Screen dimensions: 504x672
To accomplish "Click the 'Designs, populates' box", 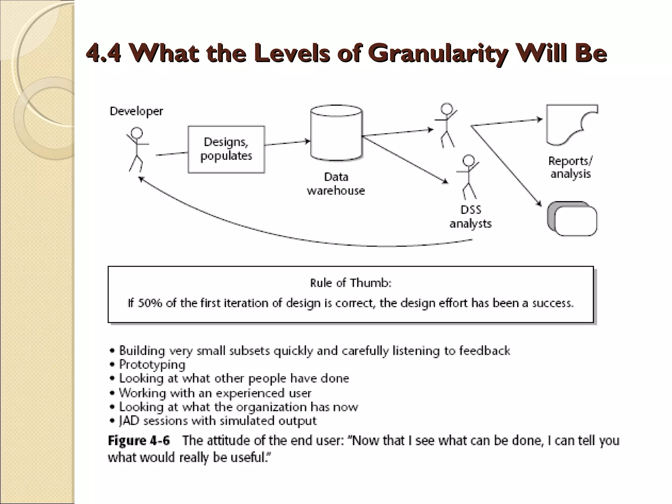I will coord(226,149).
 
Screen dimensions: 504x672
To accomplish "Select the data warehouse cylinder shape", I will coord(336,133).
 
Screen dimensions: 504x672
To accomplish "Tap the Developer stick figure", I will coord(136,149).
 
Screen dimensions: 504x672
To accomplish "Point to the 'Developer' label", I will coord(136,111).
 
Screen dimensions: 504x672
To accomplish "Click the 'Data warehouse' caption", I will coord(336,184).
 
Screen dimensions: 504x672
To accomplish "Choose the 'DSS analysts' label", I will coord(471,217).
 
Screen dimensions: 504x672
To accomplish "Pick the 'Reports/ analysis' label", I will coord(570,167).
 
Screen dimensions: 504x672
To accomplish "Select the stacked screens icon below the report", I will coord(572,219).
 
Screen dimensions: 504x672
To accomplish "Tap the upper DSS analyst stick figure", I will coord(446,125).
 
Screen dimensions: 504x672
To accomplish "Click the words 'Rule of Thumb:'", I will coord(351,283).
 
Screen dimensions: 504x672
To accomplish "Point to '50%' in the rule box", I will coord(150,303).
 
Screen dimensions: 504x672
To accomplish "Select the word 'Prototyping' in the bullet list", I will coord(152,365).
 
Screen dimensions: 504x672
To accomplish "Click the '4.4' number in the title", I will coord(103,53).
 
